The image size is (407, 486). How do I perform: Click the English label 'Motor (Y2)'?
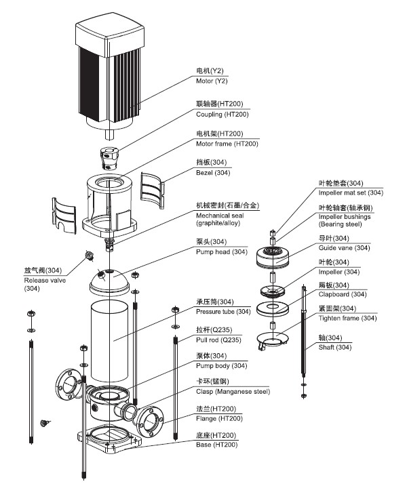tap(212, 81)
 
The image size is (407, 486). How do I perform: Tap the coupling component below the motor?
tap(109, 159)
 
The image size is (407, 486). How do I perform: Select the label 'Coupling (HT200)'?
tap(222, 115)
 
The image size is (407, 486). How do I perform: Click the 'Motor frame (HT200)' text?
tap(227, 144)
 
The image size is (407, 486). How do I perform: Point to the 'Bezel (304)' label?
tap(213, 173)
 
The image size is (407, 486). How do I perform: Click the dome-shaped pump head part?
tap(109, 281)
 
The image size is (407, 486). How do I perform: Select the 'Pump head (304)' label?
tap(222, 251)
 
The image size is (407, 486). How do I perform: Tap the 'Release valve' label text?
tap(45, 280)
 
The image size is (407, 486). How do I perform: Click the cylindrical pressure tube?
tap(109, 340)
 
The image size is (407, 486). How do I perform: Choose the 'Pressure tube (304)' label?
tap(223, 312)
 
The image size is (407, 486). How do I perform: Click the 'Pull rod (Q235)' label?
tap(218, 340)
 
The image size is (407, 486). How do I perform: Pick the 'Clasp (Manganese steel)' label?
tap(233, 392)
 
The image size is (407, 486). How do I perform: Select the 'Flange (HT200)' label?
tap(219, 418)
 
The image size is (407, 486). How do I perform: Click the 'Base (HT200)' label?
tap(216, 445)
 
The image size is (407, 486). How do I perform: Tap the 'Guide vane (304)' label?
tap(344, 247)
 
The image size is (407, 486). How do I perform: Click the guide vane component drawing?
tap(273, 257)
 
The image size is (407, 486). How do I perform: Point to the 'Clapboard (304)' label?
tap(343, 294)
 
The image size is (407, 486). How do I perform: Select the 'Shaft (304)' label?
tap(334, 347)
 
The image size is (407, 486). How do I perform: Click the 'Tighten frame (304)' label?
tap(347, 318)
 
